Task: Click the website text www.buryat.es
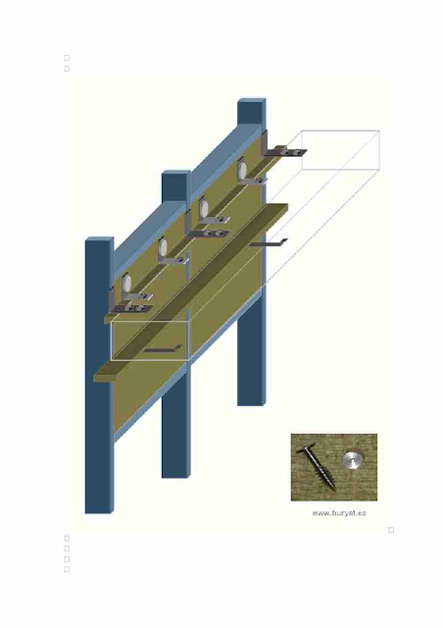click(x=338, y=513)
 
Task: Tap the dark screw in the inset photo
click(x=317, y=467)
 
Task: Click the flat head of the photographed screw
click(x=306, y=448)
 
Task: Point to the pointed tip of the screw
click(x=334, y=490)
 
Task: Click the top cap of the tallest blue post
click(x=252, y=100)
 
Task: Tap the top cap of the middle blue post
click(x=176, y=173)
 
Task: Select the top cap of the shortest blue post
click(x=99, y=239)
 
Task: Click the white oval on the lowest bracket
click(x=126, y=283)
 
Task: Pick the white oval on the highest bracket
click(x=242, y=170)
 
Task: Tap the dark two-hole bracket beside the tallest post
click(x=286, y=152)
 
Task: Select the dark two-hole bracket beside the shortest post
click(x=131, y=307)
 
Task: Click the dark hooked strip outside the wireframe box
click(x=269, y=242)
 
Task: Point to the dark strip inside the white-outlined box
click(x=163, y=349)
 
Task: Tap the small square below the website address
click(x=391, y=530)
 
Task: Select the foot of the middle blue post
click(x=175, y=476)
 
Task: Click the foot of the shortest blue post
click(x=98, y=511)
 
